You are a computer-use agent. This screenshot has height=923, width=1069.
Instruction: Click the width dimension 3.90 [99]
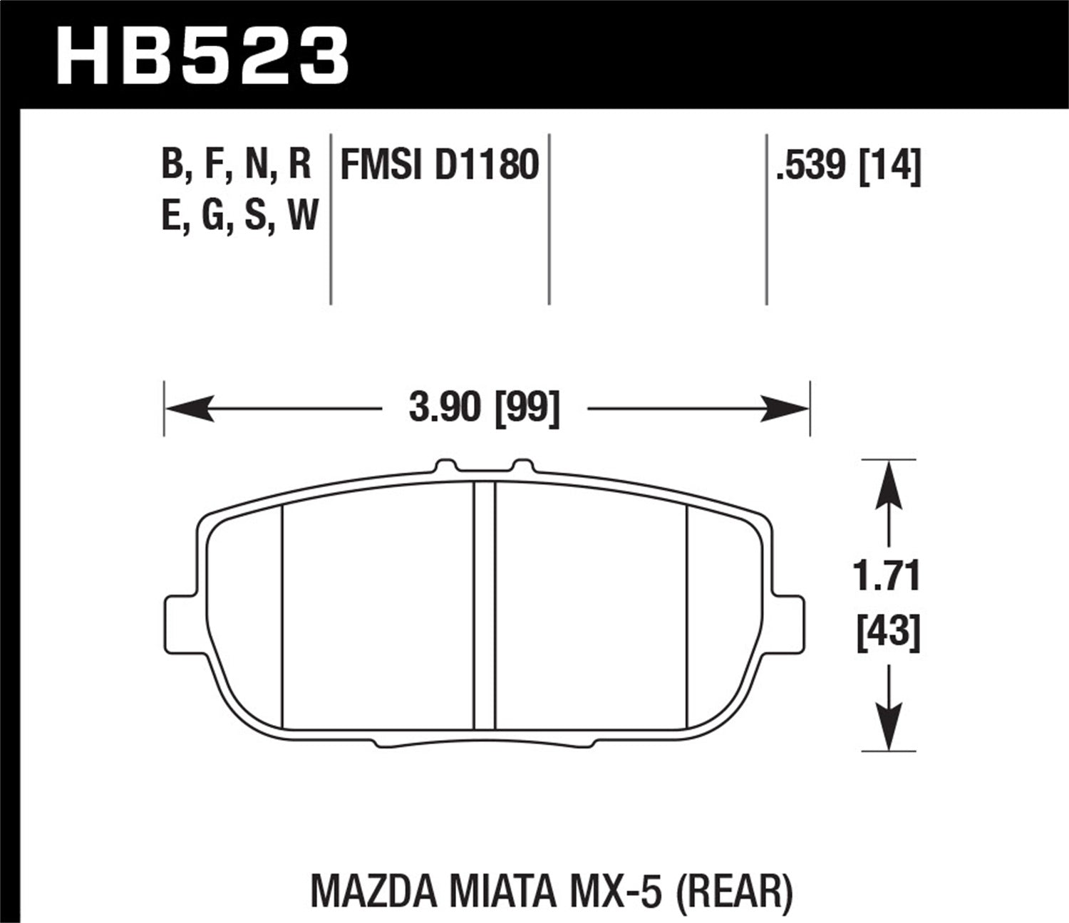(485, 409)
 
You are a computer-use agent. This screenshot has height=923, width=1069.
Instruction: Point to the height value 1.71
(888, 576)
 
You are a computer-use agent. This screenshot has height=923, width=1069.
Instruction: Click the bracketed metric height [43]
(888, 632)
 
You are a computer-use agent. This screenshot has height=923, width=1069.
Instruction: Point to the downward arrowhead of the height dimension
(888, 726)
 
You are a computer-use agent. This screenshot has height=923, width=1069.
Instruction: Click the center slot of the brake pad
(485, 605)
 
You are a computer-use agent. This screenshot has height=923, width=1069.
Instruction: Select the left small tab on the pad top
(445, 466)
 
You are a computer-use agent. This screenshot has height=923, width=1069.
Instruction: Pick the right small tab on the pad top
(522, 466)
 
